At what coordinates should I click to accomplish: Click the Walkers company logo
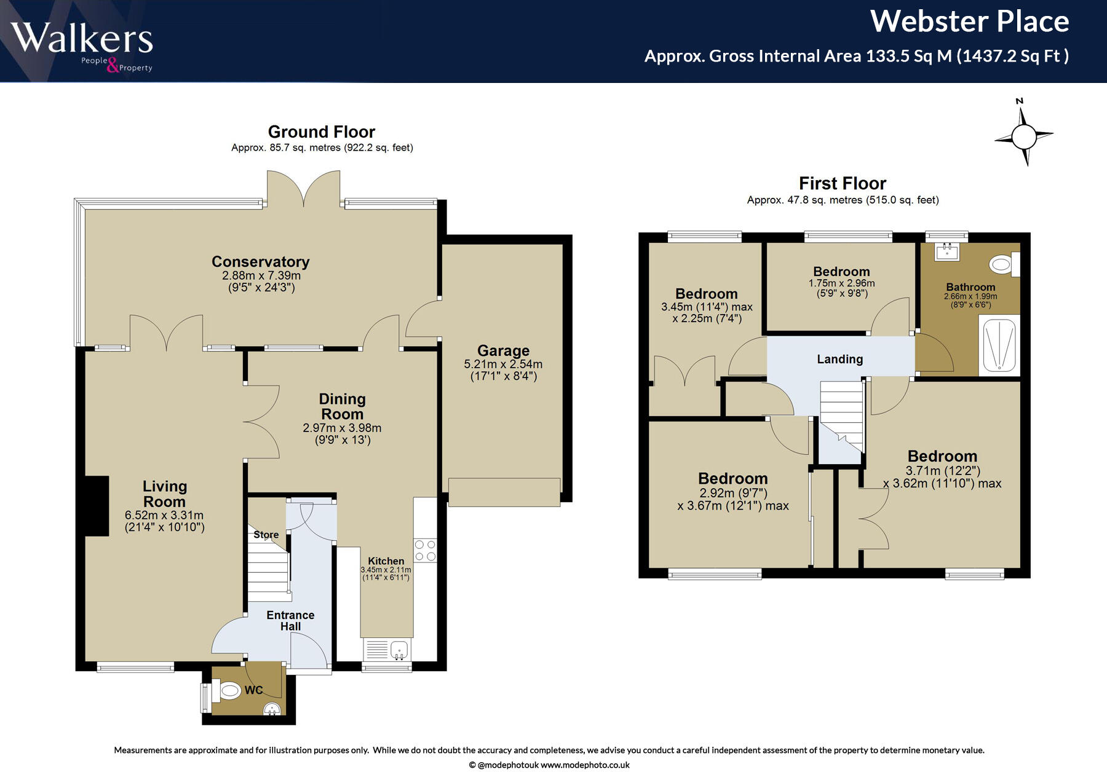click(x=82, y=46)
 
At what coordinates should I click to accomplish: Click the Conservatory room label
click(x=261, y=262)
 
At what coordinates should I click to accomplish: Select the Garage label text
click(x=504, y=350)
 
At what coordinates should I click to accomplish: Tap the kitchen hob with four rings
click(x=425, y=550)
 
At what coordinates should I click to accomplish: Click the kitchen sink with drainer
click(x=387, y=650)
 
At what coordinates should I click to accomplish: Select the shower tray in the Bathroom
click(x=999, y=345)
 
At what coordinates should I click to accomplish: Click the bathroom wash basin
click(x=948, y=250)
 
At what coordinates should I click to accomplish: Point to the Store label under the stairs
click(x=266, y=535)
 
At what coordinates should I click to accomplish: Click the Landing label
click(x=840, y=360)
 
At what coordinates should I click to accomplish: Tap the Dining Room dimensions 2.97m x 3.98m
click(x=342, y=428)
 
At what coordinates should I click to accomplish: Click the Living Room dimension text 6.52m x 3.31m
click(x=164, y=515)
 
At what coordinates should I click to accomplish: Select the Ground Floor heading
click(x=322, y=132)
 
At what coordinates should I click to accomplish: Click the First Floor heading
click(x=843, y=183)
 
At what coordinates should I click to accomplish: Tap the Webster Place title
click(x=970, y=22)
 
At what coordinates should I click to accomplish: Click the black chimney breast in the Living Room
click(x=97, y=506)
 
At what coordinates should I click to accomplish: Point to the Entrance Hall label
click(x=290, y=621)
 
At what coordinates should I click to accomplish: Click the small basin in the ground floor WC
click(x=272, y=710)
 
